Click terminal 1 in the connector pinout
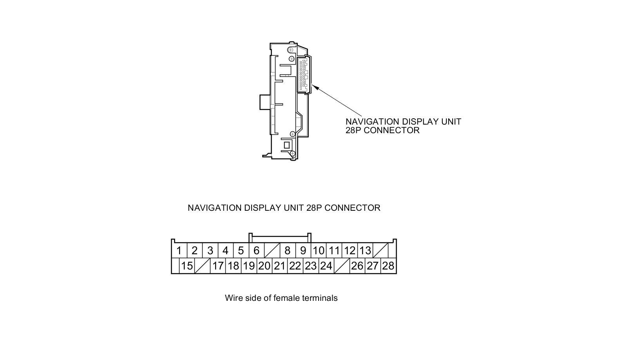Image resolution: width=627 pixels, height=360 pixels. point(179,251)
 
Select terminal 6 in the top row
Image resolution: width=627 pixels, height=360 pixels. point(256,251)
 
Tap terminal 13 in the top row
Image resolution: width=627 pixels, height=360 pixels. point(365,251)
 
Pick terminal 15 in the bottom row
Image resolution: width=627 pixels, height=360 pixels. point(187,266)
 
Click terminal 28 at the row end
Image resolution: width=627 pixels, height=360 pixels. point(388,266)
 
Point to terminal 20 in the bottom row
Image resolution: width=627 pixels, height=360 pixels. point(264,266)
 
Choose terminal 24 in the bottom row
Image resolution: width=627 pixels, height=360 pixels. point(326,266)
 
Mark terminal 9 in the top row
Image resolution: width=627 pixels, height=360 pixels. point(303,251)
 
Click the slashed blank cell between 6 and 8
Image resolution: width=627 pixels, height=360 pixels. point(272,251)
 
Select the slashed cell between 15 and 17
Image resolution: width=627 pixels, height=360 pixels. point(203,266)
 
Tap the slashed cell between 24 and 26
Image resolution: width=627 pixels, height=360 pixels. point(342,266)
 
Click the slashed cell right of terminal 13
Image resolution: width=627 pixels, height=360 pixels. point(381,251)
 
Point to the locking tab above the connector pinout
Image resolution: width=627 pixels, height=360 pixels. point(280,236)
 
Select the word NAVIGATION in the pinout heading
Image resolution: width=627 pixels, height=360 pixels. point(214,208)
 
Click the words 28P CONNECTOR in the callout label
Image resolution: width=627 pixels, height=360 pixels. point(382,130)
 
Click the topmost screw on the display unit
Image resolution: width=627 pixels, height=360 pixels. point(290,50)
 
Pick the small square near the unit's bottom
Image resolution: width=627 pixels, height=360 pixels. point(287,145)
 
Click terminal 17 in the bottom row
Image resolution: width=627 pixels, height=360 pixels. point(218,266)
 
